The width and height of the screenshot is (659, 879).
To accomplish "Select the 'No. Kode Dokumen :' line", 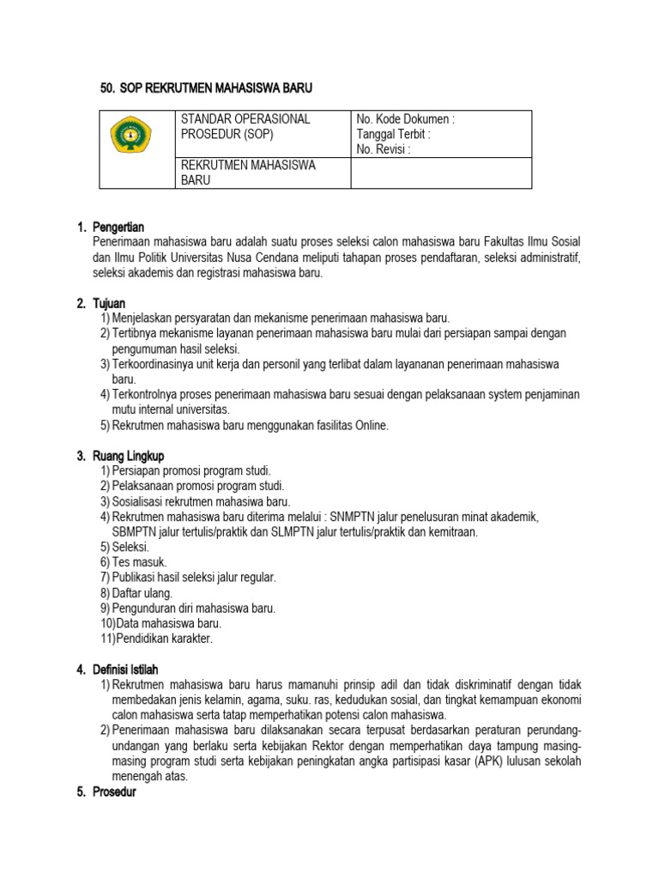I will (x=405, y=119).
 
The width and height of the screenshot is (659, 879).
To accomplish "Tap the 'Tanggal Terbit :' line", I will (x=393, y=135).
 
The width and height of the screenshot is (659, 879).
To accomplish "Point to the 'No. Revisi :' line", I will (x=384, y=150).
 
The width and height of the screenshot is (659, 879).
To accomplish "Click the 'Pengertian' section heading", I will (x=119, y=227).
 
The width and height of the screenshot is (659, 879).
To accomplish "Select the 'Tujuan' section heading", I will (x=109, y=303).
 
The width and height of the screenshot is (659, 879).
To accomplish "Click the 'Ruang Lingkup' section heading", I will (x=128, y=456).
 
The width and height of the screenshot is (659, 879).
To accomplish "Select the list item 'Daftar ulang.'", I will (x=142, y=593).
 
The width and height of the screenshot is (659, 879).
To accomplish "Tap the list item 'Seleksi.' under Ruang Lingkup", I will (x=130, y=547).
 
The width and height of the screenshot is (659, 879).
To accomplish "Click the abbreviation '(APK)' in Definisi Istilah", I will (x=487, y=761).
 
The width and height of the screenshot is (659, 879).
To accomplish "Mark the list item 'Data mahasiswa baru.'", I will (x=166, y=623).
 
